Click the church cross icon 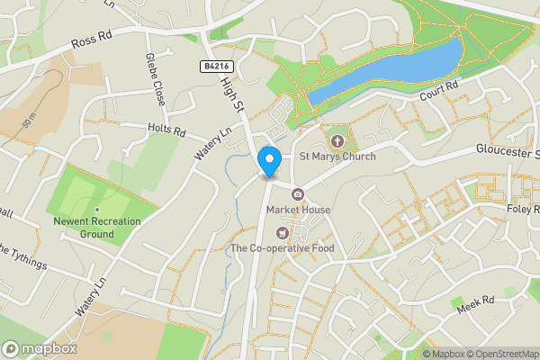coord(337,140)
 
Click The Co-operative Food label coord(282,248)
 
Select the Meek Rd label coord(477,301)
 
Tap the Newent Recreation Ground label coord(96,228)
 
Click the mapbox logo coord(40,348)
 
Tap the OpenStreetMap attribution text coord(499,354)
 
